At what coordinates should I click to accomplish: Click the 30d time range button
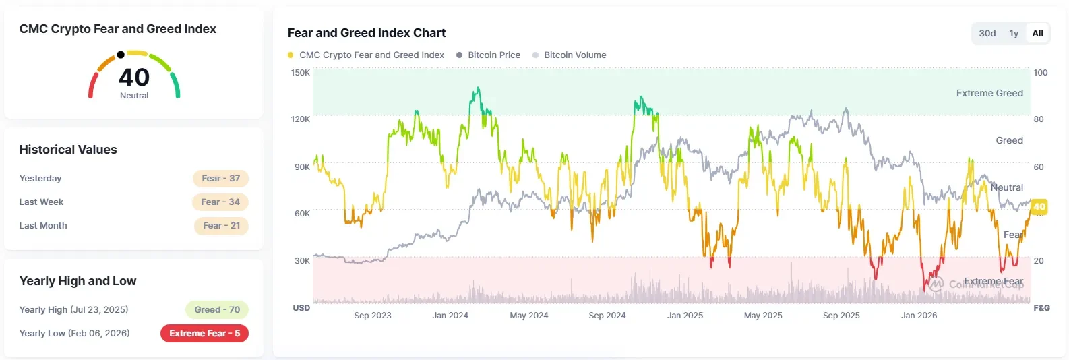click(x=987, y=34)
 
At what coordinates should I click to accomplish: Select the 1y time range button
click(x=1014, y=34)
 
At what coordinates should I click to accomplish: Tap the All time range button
click(x=1037, y=34)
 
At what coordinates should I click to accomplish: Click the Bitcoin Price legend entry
click(x=488, y=55)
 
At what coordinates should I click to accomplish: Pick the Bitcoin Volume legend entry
click(x=570, y=55)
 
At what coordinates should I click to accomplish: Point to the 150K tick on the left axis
click(x=300, y=73)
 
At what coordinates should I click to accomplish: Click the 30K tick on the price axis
click(x=302, y=261)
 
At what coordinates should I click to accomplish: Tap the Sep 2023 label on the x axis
click(x=373, y=316)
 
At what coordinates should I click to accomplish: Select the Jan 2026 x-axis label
click(x=919, y=316)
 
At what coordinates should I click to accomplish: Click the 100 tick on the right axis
click(x=1041, y=73)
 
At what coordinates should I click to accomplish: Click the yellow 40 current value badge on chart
click(x=1039, y=207)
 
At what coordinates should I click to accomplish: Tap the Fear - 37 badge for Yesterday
click(x=220, y=179)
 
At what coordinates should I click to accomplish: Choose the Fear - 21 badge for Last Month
click(x=222, y=226)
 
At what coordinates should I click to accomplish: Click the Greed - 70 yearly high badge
click(x=217, y=310)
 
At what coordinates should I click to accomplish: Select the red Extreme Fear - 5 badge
click(x=204, y=333)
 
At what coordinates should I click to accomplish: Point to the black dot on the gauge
click(x=121, y=55)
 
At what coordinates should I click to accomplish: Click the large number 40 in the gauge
click(x=134, y=78)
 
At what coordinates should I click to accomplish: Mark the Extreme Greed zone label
click(x=989, y=93)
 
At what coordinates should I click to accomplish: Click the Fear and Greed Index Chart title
click(x=367, y=33)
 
